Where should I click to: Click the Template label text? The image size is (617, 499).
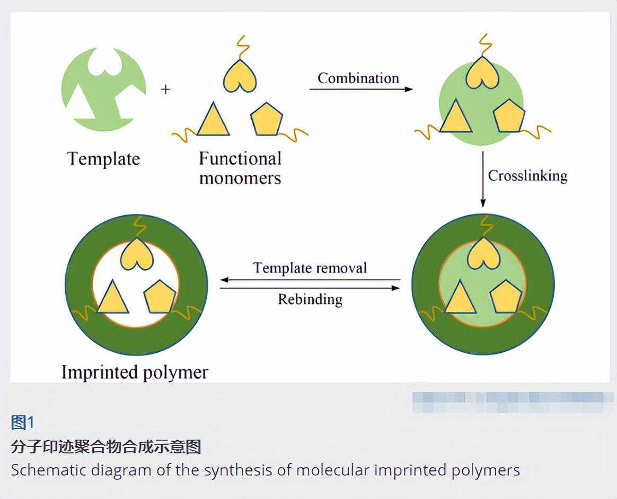click(103, 159)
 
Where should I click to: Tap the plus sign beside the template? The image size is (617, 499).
click(166, 90)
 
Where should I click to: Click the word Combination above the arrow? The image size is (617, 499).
click(358, 78)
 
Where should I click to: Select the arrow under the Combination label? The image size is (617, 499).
click(360, 90)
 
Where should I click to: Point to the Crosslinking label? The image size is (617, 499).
click(527, 175)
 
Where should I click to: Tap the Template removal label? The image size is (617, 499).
click(310, 268)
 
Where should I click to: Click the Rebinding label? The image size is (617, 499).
click(310, 299)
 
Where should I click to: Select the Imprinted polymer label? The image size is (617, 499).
click(135, 372)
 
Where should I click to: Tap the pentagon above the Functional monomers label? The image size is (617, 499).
click(266, 120)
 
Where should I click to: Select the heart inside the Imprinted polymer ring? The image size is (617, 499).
click(137, 255)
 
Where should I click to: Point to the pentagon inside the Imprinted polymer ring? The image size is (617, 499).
click(160, 298)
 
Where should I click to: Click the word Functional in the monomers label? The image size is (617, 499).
click(240, 158)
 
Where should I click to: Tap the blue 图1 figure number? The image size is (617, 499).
click(22, 422)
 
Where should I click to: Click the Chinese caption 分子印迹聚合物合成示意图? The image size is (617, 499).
click(106, 447)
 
